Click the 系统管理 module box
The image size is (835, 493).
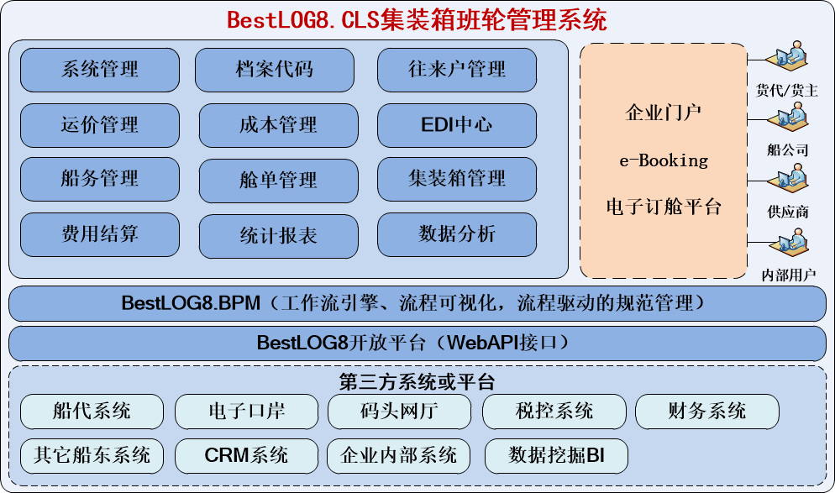point(100,70)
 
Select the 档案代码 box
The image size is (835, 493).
point(275,70)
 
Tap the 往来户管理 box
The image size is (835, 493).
point(457,70)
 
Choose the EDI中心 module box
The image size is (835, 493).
point(457,125)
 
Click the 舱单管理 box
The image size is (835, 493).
point(278,180)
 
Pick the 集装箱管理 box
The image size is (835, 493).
point(457,178)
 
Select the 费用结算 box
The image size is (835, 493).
point(100,233)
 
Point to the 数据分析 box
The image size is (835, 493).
point(457,233)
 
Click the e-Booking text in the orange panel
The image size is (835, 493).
point(663,160)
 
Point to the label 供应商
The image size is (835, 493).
point(788,212)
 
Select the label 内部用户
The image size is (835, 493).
point(788,275)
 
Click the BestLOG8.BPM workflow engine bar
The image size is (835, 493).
point(417,303)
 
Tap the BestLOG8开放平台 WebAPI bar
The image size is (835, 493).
point(417,344)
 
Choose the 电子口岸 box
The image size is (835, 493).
point(246,412)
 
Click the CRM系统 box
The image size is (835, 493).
point(246,456)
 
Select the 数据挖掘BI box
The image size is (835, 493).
point(556,456)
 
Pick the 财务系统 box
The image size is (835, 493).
point(706,412)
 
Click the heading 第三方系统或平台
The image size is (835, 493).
point(417,382)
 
